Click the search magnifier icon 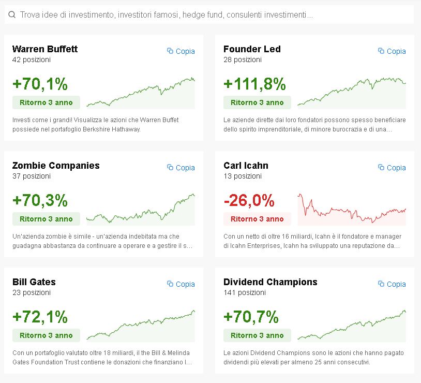(x=12, y=15)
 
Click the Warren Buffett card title (x=45, y=49)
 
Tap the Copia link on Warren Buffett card (x=181, y=51)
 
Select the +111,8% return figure (x=254, y=84)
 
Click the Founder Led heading (x=252, y=49)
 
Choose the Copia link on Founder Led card (x=392, y=51)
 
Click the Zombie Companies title (x=56, y=166)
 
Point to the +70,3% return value (x=40, y=200)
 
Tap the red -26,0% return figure (x=249, y=200)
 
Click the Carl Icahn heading (x=246, y=166)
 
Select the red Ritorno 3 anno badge (x=257, y=219)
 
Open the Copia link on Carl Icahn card (x=392, y=168)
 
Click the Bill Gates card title (x=34, y=282)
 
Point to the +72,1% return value (x=40, y=317)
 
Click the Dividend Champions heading (x=270, y=282)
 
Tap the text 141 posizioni (x=244, y=292)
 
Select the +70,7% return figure (x=251, y=317)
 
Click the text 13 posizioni (x=243, y=176)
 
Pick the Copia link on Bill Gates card (x=181, y=284)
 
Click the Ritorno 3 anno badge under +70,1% (x=46, y=102)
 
